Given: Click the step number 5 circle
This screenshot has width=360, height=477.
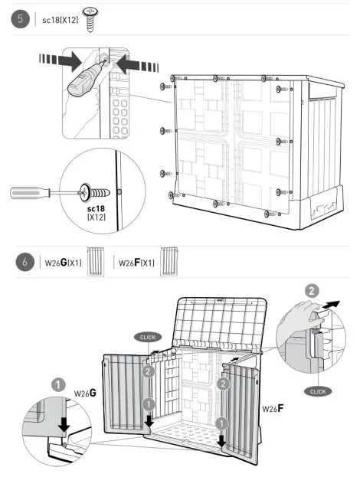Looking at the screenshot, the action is pos(21,19).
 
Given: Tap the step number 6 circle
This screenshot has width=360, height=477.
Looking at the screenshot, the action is pos(25,262).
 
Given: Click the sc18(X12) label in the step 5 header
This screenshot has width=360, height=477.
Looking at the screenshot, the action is pos(60,20).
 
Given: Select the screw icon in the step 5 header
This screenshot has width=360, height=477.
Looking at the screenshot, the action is pos(90,20).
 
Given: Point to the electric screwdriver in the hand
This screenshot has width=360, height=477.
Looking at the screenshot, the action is pos(86,77).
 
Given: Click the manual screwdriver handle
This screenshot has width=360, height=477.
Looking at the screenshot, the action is pos(30,193).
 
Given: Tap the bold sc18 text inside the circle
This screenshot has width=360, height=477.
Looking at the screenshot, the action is pos(96,209).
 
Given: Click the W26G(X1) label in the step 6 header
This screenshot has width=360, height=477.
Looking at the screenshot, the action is pos(63,263).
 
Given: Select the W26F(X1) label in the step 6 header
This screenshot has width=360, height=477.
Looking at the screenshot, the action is pos(136,263).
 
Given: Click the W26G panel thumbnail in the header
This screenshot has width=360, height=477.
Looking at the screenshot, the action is pos(96,262).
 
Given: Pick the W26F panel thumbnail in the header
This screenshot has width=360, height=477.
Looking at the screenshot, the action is pos(169,262).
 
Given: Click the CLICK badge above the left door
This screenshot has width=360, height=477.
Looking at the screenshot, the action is pos(148,338).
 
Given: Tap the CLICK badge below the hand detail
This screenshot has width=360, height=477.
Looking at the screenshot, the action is pos(318,391).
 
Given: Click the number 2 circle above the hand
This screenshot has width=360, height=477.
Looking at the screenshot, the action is pos(312,291).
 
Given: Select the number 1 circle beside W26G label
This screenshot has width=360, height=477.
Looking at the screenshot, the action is pos(58,385).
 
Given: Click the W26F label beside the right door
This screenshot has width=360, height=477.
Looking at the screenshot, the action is pos(273,408).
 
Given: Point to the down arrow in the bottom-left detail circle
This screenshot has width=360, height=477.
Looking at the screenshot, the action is pos(64,424).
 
